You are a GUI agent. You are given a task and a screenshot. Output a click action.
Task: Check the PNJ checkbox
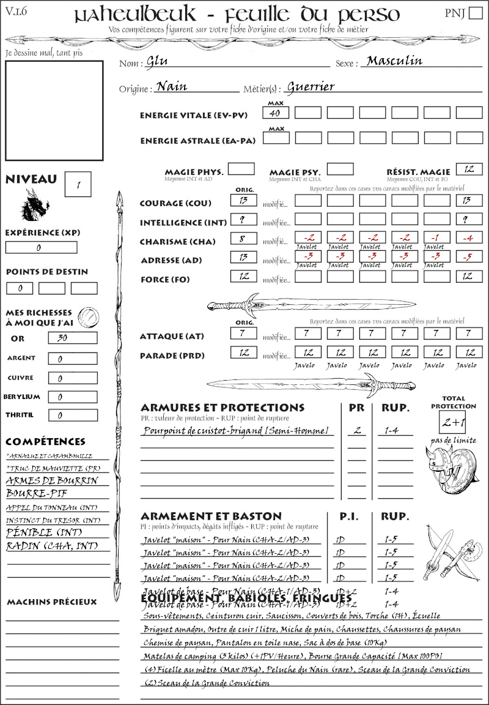475,14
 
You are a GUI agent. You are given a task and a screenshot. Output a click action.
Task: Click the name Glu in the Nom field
157,62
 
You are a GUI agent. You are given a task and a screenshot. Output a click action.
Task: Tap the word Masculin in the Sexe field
394,61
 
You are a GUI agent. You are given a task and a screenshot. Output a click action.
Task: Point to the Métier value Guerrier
311,87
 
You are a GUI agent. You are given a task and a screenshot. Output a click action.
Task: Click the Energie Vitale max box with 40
276,113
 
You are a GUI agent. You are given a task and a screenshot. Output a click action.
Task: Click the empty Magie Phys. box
241,169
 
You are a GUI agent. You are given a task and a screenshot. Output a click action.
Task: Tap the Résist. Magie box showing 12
469,169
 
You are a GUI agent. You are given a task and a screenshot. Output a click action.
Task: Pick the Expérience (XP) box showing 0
41,247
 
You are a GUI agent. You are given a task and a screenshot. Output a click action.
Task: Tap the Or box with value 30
72,338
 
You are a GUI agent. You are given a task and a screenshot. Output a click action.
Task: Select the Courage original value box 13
243,200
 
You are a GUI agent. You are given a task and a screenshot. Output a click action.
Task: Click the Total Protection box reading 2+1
453,422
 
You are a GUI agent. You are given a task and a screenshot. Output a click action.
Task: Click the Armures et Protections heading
222,408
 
